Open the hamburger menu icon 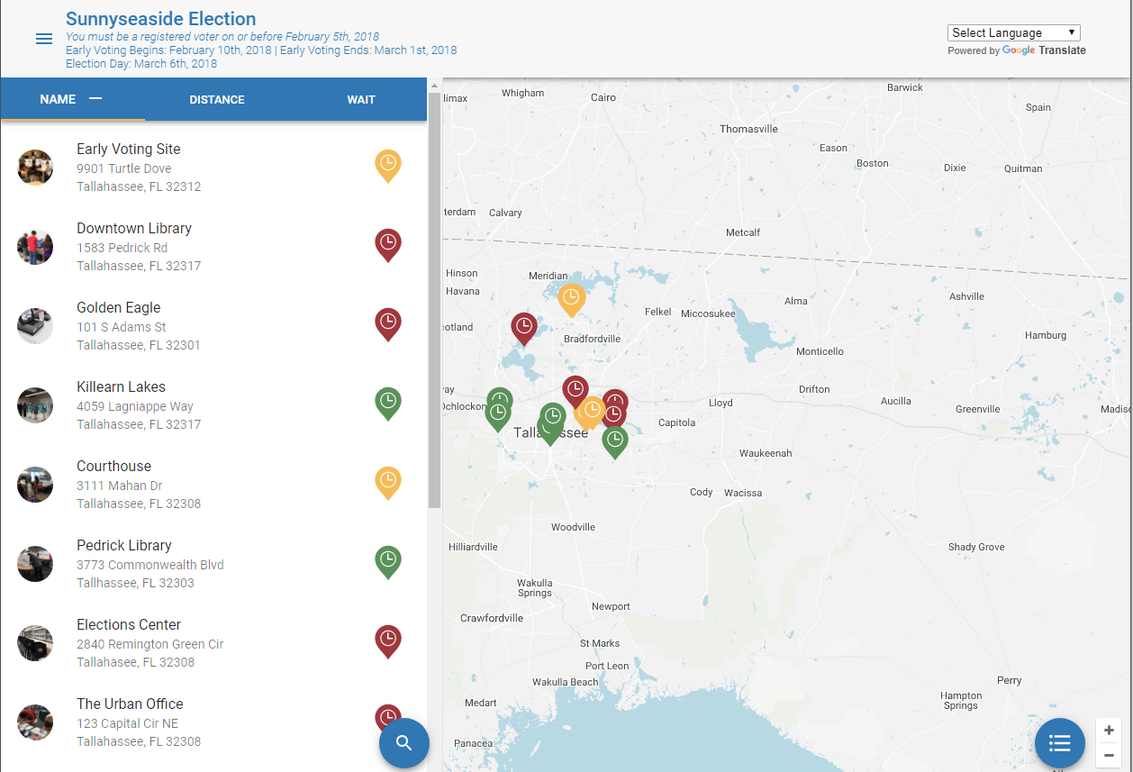[x=43, y=39]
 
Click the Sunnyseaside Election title [x=160, y=19]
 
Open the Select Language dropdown [x=1013, y=32]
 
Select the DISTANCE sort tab [x=216, y=99]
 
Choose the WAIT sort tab [x=360, y=99]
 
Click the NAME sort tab [x=58, y=99]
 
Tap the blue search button [x=403, y=743]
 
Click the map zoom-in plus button [x=1109, y=731]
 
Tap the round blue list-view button [x=1059, y=743]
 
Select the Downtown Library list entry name [x=134, y=229]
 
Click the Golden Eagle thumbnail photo [x=35, y=326]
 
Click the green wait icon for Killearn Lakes [x=387, y=403]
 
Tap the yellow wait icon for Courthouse [x=387, y=482]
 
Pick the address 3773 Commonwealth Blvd [x=150, y=565]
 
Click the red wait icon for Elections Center [x=387, y=640]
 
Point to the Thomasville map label [x=748, y=129]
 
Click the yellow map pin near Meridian [x=571, y=298]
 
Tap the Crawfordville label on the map [x=492, y=619]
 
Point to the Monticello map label [x=820, y=351]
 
